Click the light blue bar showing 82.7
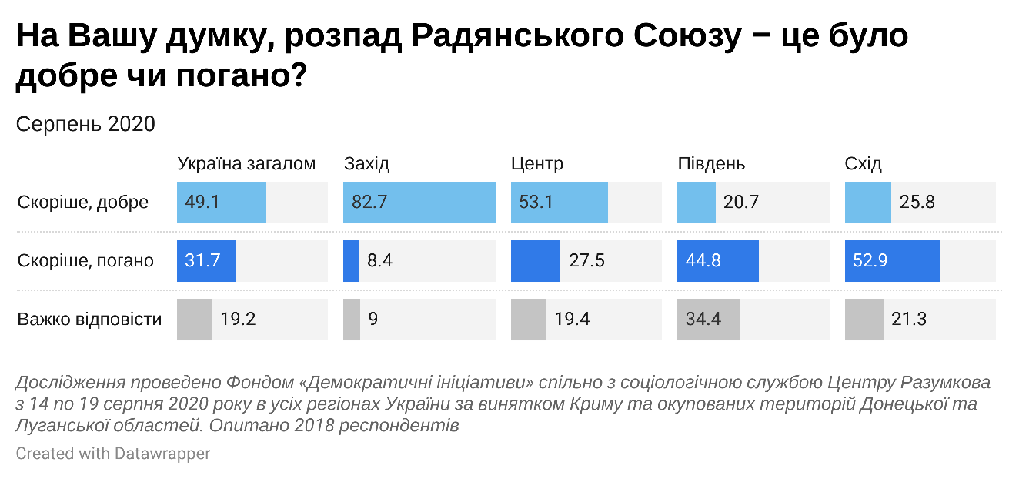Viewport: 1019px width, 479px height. pos(419,203)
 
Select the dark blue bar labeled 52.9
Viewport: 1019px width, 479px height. pos(892,261)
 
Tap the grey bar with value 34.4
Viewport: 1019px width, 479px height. pos(708,319)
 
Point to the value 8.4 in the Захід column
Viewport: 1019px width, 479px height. pos(380,261)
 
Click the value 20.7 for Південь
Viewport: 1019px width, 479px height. pos(741,203)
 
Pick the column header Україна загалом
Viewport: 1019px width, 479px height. pos(246,164)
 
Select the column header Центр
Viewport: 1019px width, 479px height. pos(537,164)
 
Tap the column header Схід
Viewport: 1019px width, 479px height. pos(863,164)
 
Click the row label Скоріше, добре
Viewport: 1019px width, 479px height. pos(83,203)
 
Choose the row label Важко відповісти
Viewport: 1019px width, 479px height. pos(89,319)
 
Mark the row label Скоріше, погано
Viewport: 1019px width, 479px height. pos(85,261)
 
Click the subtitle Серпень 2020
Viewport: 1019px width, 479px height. pos(85,124)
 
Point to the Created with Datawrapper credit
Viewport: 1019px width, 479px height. pos(113,454)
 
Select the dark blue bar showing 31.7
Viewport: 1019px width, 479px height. pos(205,261)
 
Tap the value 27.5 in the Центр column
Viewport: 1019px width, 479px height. pos(586,261)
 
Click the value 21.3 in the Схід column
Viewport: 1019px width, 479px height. pos(909,319)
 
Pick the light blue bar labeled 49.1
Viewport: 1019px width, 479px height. pos(221,203)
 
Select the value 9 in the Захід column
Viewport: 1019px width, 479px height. pos(373,319)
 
